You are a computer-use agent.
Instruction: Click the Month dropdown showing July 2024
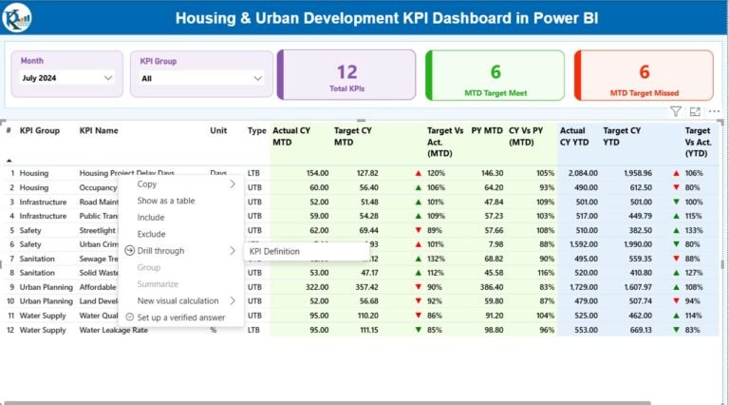tap(67, 78)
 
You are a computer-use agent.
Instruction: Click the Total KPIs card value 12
tap(346, 71)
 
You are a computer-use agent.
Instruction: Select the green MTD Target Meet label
tap(495, 92)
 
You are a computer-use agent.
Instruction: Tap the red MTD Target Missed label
tap(644, 92)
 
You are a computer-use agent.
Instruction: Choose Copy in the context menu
tap(147, 184)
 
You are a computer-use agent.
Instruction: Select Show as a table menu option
tap(166, 201)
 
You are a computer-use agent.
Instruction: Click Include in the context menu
tap(150, 218)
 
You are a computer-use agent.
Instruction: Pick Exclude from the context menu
tap(151, 234)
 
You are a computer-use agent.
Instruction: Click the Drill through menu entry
tap(160, 251)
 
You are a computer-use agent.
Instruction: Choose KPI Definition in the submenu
tap(274, 252)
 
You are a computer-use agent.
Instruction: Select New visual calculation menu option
tap(178, 300)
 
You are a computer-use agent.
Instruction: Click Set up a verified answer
tap(180, 318)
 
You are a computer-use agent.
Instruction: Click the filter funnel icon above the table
tap(676, 111)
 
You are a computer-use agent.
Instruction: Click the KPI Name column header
tap(99, 130)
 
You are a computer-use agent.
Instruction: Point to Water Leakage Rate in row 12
tap(113, 330)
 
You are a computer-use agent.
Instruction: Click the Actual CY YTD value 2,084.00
tap(578, 173)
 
